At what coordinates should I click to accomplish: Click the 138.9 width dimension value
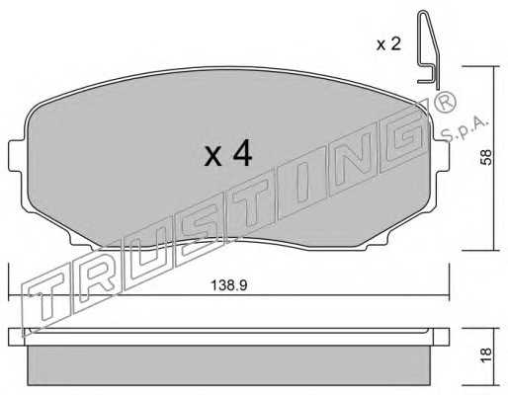point(228,285)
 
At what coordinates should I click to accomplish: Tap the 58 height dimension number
point(486,157)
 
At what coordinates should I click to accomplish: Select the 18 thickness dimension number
point(486,355)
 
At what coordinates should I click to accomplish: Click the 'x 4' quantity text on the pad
point(228,153)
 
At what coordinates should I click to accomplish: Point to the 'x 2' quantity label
point(388,43)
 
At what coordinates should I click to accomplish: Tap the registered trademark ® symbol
point(445,102)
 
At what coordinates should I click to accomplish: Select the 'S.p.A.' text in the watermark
point(464,129)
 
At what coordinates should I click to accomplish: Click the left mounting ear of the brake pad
point(17,155)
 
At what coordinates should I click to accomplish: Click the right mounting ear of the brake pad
point(441,155)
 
